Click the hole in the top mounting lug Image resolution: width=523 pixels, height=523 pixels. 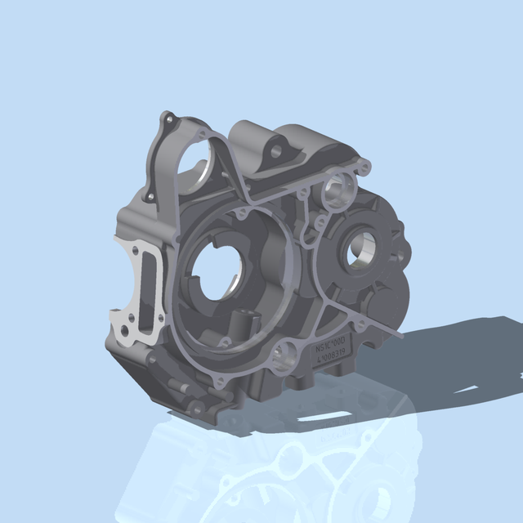point(276,152)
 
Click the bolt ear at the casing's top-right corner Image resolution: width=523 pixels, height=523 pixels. point(364,168)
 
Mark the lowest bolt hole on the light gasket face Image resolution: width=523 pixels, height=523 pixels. point(123,331)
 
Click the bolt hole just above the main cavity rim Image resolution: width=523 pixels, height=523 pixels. point(241,214)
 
